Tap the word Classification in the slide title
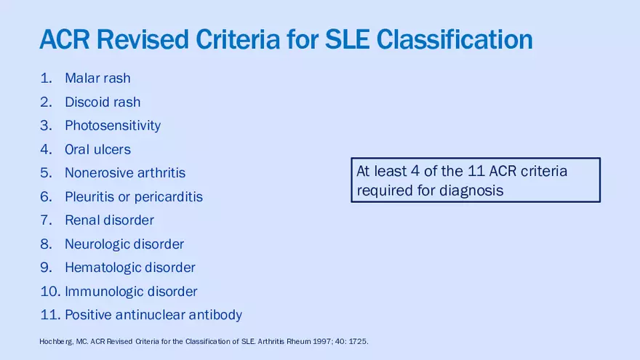455,39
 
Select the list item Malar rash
97,78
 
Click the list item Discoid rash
103,102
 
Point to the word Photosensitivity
113,126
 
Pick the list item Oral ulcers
97,149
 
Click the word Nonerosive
99,172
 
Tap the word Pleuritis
89,197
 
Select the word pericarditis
168,197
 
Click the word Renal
82,220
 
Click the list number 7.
46,220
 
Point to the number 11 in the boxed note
476,171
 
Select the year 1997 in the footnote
321,341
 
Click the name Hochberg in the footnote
56,342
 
